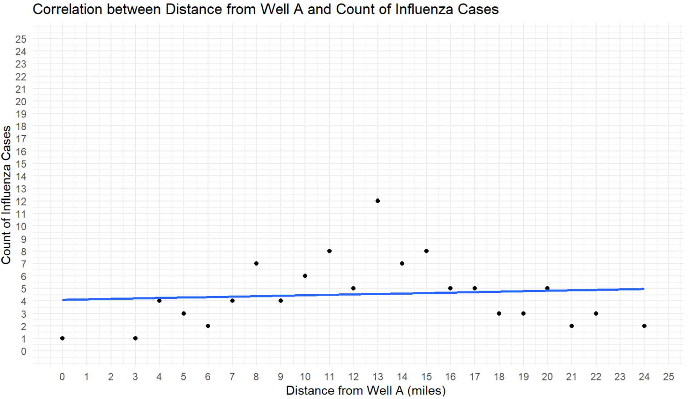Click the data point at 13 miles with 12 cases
(x=377, y=201)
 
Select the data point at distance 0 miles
(x=62, y=338)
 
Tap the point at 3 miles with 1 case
(x=135, y=338)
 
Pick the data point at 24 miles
(x=644, y=326)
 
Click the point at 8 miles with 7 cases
(x=256, y=263)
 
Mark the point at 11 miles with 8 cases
(x=329, y=251)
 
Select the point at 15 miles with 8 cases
(x=426, y=251)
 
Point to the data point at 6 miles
(x=208, y=326)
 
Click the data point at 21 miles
(x=571, y=326)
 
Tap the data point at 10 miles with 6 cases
(x=305, y=276)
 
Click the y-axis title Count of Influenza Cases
(x=6, y=195)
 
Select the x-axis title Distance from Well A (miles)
(x=366, y=390)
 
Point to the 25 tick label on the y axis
(x=21, y=39)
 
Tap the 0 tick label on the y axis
(x=24, y=351)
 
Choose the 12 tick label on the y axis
(x=21, y=201)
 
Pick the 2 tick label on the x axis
(x=111, y=377)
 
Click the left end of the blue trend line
(x=63, y=300)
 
